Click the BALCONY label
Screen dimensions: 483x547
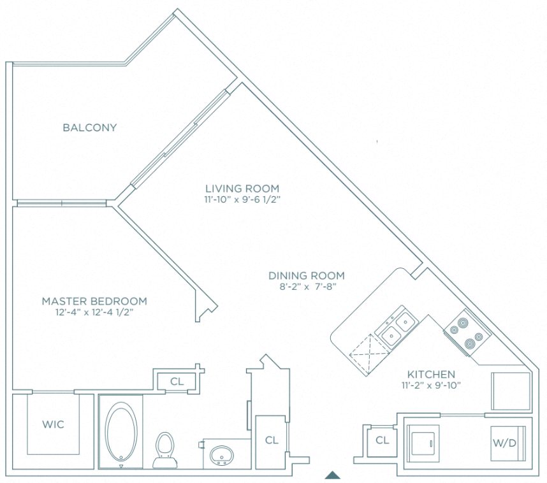click(x=90, y=127)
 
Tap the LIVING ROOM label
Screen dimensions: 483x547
click(x=242, y=189)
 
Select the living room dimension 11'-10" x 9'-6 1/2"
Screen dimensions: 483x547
click(x=242, y=199)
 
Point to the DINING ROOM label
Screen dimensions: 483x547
click(x=306, y=276)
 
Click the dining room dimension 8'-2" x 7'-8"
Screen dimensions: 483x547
click(x=306, y=287)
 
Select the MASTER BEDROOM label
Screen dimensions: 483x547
click(x=94, y=301)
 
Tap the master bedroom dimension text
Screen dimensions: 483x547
click(x=94, y=312)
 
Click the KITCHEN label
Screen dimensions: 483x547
click(x=432, y=374)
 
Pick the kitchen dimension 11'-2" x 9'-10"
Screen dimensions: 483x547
click(x=432, y=385)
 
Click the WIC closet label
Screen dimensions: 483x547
click(x=52, y=424)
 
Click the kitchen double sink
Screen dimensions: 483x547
click(x=396, y=326)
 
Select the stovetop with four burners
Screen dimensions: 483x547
click(x=466, y=334)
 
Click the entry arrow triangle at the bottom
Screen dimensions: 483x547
click(x=332, y=474)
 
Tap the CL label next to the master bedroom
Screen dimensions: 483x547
click(x=177, y=382)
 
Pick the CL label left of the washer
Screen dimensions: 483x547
click(x=382, y=440)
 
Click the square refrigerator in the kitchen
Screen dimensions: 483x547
click(x=511, y=391)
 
